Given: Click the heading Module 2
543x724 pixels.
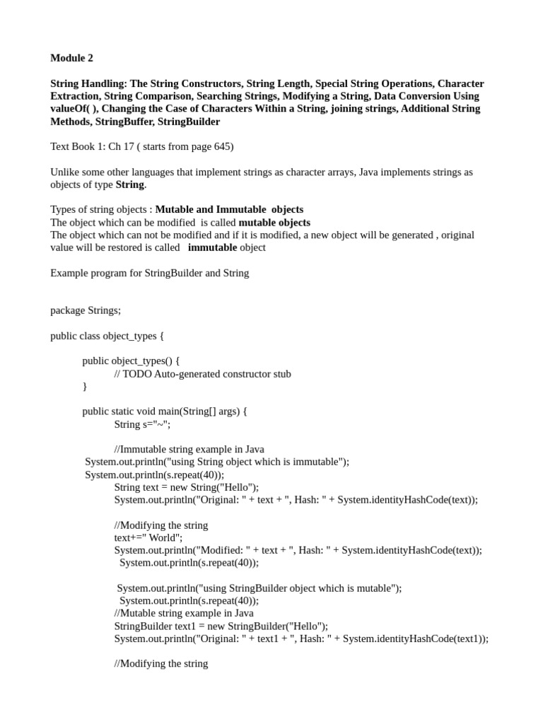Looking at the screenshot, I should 71,58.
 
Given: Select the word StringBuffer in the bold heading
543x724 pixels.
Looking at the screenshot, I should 128,122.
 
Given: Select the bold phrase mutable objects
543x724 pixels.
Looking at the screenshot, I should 274,223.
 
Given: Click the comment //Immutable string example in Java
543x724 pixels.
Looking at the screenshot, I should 189,449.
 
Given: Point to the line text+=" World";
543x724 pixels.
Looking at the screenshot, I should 148,537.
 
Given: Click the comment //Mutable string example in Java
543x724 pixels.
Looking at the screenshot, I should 183,613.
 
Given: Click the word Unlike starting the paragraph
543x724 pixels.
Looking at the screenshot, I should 65,173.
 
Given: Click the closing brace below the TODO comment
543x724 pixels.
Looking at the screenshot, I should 85,387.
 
